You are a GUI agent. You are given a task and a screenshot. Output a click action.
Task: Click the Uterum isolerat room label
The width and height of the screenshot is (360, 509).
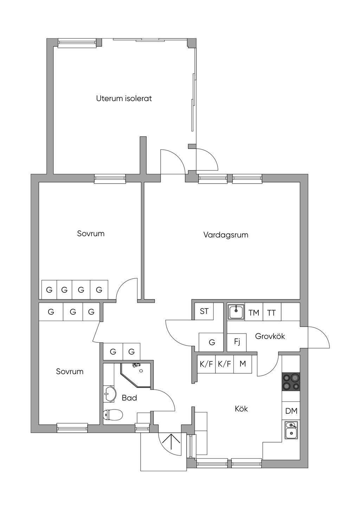click(124, 99)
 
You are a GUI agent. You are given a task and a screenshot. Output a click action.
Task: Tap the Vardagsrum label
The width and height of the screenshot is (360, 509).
click(226, 235)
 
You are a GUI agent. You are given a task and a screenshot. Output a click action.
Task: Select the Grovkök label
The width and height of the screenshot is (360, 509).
click(270, 336)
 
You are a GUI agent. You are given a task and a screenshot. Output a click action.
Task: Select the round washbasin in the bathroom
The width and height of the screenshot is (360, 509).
click(110, 394)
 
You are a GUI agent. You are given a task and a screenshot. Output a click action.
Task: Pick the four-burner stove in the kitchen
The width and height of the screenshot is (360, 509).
click(291, 382)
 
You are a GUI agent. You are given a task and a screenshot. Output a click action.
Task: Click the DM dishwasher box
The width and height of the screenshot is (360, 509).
click(291, 411)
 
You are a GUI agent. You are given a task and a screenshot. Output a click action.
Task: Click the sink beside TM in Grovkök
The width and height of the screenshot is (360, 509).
click(236, 311)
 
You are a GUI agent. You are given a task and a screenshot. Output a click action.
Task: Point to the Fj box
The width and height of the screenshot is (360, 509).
click(237, 342)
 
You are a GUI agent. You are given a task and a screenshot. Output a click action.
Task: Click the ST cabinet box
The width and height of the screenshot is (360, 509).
click(204, 311)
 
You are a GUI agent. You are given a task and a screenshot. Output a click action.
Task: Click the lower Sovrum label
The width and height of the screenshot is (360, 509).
click(70, 371)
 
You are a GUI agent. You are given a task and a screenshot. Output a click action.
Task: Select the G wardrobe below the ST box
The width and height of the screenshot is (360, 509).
click(211, 342)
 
